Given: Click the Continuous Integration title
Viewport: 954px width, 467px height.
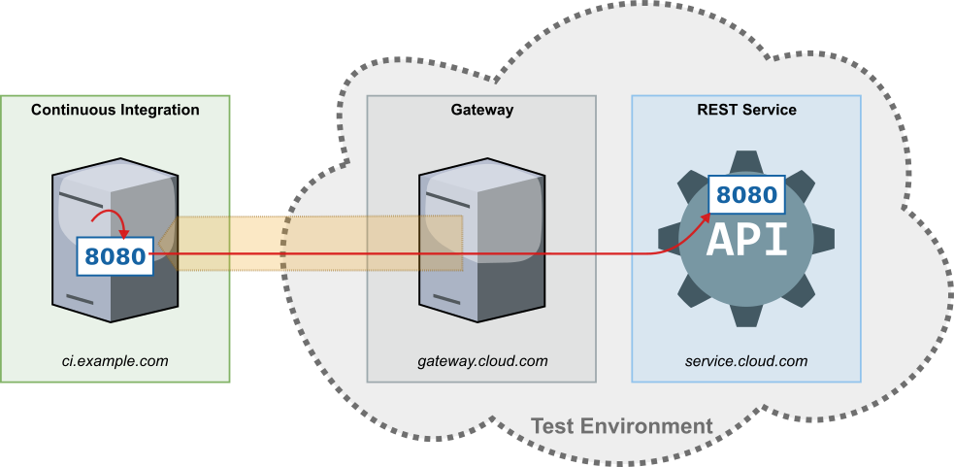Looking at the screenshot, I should click(115, 110).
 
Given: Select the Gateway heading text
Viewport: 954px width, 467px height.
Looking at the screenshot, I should click(481, 110).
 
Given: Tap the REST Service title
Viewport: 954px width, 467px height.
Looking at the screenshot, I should click(746, 110).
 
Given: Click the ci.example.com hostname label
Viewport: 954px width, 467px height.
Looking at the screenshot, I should click(115, 361).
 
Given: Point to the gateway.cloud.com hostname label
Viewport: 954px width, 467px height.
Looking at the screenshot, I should click(482, 361).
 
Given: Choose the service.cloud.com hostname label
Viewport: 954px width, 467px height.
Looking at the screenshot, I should click(746, 361).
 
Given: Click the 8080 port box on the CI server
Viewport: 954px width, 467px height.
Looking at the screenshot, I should click(115, 257).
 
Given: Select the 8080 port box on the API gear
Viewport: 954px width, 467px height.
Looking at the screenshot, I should click(747, 195).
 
